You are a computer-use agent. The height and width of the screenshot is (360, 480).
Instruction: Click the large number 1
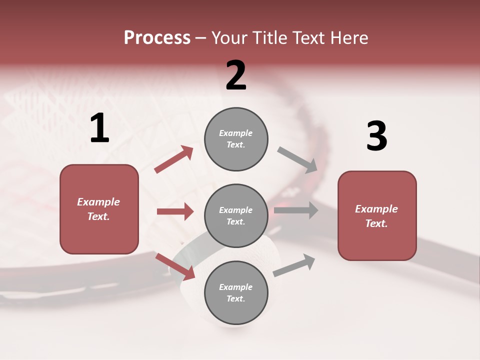(x=99, y=129)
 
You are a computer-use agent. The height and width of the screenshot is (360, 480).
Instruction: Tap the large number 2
(x=236, y=75)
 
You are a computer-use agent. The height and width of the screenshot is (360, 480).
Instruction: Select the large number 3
(x=376, y=136)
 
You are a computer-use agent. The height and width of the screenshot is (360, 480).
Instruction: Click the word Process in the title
(x=157, y=37)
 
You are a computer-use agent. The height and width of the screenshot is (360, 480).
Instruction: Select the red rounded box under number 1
(x=99, y=209)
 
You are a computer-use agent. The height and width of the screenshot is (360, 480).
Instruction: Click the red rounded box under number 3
(x=377, y=215)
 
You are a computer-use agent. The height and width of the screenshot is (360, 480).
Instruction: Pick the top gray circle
(x=236, y=139)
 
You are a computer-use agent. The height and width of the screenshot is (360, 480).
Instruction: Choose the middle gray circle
(x=236, y=215)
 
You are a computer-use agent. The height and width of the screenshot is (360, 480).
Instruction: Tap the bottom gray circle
(x=236, y=292)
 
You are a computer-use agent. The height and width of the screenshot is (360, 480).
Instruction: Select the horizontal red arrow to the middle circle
(x=175, y=211)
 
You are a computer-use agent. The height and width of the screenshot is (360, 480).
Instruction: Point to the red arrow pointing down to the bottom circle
(x=175, y=266)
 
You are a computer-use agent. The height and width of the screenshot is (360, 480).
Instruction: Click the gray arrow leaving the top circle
(x=297, y=160)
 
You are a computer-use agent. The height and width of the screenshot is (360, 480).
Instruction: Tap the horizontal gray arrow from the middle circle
(x=296, y=210)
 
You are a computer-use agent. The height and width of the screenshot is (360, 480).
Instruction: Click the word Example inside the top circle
(x=236, y=133)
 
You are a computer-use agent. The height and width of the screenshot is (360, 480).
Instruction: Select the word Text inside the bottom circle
(x=235, y=298)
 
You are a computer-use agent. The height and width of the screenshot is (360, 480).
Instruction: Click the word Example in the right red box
(x=376, y=209)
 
